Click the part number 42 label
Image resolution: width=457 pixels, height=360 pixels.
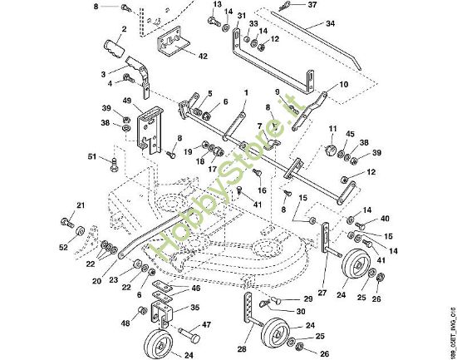click(x=204, y=57)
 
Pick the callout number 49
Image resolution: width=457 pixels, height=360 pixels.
click(x=127, y=101)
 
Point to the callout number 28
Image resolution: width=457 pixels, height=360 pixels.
click(x=242, y=349)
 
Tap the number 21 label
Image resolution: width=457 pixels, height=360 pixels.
click(x=81, y=205)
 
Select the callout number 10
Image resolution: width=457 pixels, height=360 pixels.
click(x=344, y=86)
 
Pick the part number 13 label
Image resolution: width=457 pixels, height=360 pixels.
click(x=217, y=5)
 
